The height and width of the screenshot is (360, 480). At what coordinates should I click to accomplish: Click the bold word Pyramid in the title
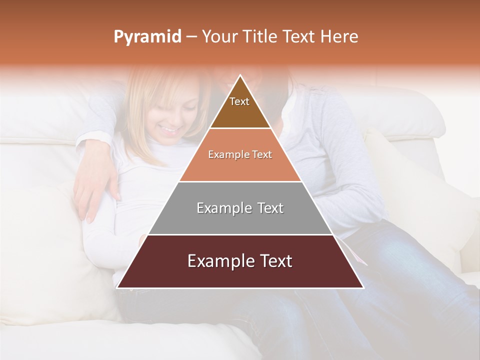tap(147, 37)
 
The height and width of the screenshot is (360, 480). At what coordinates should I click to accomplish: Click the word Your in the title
tap(220, 36)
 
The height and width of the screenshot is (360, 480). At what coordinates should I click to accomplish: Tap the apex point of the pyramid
tap(240, 75)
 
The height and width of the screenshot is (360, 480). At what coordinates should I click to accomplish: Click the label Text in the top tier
tap(239, 101)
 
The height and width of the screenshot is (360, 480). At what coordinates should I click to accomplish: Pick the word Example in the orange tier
tap(225, 155)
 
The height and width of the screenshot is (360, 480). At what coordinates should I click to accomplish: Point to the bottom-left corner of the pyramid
tap(117, 287)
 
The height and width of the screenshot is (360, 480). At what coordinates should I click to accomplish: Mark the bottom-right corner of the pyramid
tap(363, 287)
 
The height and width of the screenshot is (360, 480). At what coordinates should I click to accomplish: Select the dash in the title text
tap(191, 37)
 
